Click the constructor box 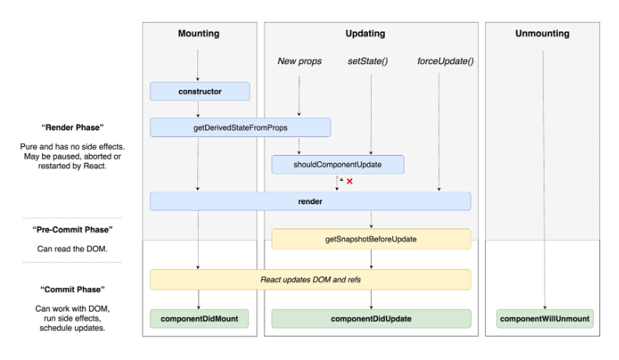[200, 92]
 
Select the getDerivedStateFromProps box [240, 128]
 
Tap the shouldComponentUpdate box [337, 164]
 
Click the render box [311, 201]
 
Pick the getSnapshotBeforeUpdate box [371, 239]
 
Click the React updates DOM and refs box [311, 279]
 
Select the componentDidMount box [200, 319]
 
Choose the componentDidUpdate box [371, 319]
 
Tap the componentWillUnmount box [545, 319]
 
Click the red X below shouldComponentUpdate [349, 182]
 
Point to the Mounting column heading [199, 34]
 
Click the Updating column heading [365, 34]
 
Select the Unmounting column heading [542, 34]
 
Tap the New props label [300, 61]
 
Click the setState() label [368, 61]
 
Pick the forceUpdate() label [445, 61]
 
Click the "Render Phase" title [72, 128]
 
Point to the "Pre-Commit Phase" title [72, 230]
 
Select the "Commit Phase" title [72, 290]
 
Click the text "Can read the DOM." [72, 249]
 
